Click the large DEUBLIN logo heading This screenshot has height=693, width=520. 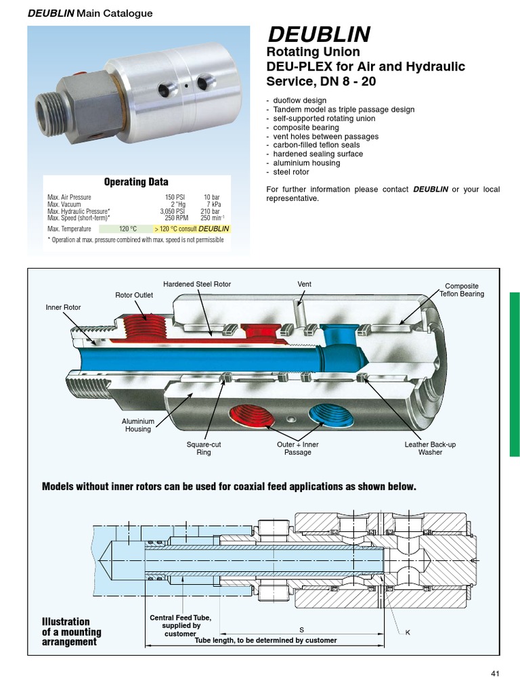[x=320, y=35]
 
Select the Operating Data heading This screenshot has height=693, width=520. [x=136, y=182]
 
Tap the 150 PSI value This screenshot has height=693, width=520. [x=175, y=197]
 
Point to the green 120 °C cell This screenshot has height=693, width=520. [x=128, y=229]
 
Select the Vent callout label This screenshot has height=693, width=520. [x=304, y=284]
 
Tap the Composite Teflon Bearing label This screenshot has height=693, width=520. [x=461, y=290]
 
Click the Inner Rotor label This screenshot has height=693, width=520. [x=63, y=307]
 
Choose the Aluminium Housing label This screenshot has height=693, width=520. [x=138, y=425]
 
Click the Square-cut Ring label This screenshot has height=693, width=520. [x=204, y=448]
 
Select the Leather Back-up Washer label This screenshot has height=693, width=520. [x=430, y=448]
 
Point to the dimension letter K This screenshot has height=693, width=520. [x=408, y=632]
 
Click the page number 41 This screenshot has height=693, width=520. [x=494, y=673]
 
